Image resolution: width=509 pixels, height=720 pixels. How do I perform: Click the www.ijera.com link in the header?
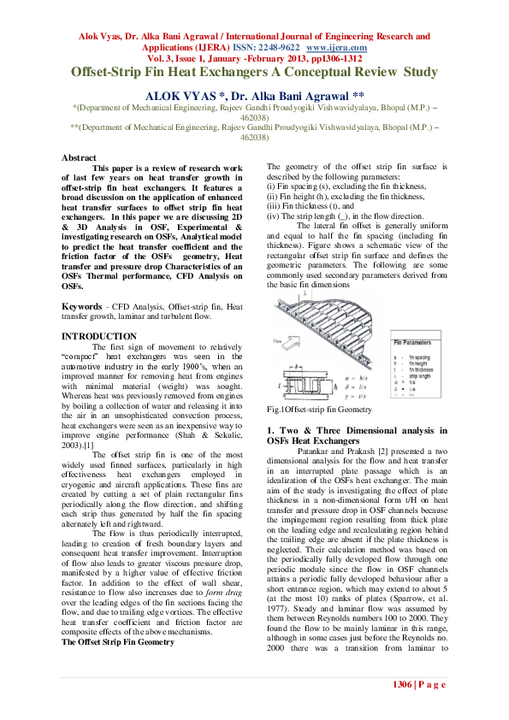coord(343,48)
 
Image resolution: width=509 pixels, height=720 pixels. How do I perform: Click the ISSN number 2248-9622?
coord(279,48)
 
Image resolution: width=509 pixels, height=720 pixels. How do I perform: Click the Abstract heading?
coord(79,157)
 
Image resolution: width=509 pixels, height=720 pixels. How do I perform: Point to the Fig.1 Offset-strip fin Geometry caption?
coord(314,410)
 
